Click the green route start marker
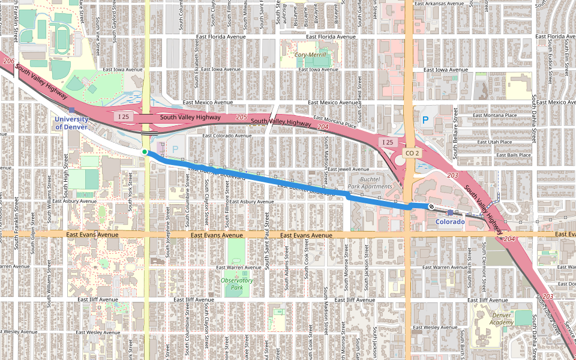pyautogui.click(x=145, y=152)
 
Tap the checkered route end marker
pyautogui.click(x=431, y=207)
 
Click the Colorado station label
pyautogui.click(x=450, y=222)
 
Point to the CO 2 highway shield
pyautogui.click(x=411, y=154)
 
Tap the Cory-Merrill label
pyautogui.click(x=310, y=55)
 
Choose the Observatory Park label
pyautogui.click(x=237, y=283)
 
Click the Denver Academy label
pyautogui.click(x=502, y=319)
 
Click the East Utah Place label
pyautogui.click(x=494, y=142)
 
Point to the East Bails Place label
pyautogui.click(x=514, y=155)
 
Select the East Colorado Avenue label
pyautogui.click(x=227, y=136)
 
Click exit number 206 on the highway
pyautogui.click(x=8, y=61)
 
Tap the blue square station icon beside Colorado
pyautogui.click(x=451, y=213)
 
